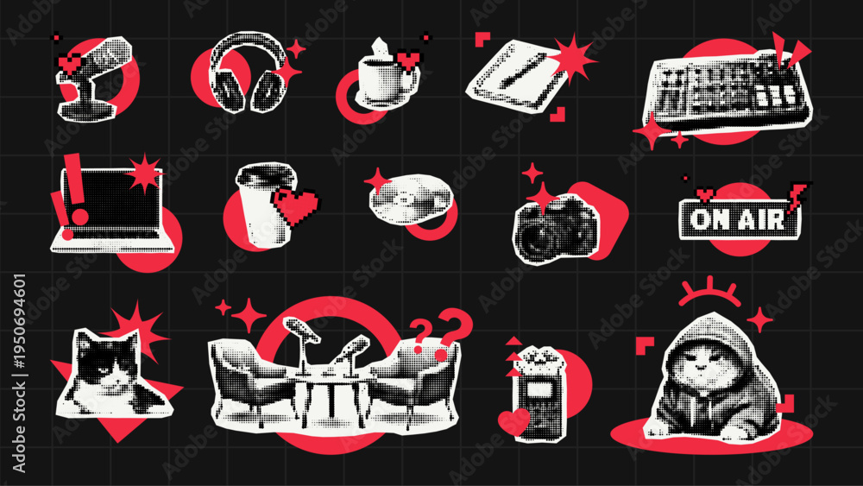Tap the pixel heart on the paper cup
pyautogui.click(x=295, y=205)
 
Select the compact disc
pyautogui.click(x=411, y=199)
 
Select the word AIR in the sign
pyautogui.click(x=762, y=219)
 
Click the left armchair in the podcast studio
pyautogui.click(x=253, y=379)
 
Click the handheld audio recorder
pyautogui.click(x=540, y=393)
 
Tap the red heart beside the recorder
pyautogui.click(x=513, y=421)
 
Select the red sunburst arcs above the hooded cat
pyautogui.click(x=709, y=292)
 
